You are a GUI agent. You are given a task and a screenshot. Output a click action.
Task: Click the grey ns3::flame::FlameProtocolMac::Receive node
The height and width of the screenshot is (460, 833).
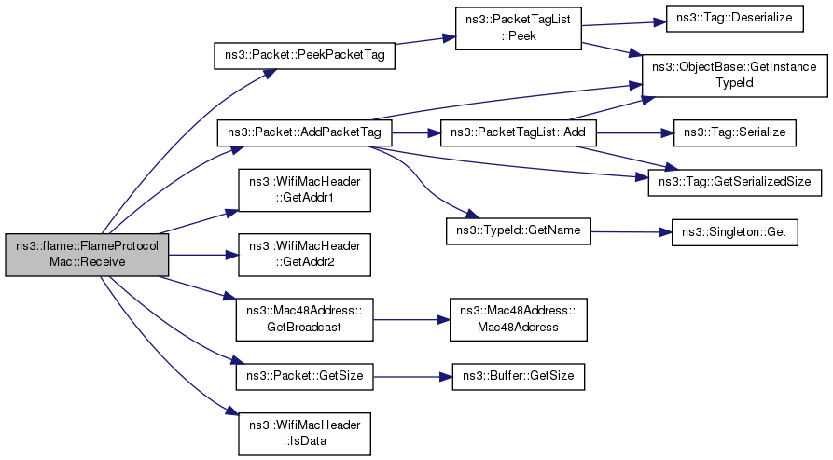[87, 255]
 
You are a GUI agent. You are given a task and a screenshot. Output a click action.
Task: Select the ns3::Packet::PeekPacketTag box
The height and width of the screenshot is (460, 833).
[304, 55]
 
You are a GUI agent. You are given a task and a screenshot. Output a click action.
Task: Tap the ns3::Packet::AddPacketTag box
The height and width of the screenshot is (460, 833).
[304, 133]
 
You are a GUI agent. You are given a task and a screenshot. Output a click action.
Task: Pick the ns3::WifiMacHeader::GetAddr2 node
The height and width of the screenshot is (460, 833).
[304, 255]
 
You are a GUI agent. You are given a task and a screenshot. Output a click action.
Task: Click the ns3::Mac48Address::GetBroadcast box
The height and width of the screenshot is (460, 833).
[304, 319]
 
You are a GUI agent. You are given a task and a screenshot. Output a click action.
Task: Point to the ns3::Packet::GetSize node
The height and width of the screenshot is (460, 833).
[304, 377]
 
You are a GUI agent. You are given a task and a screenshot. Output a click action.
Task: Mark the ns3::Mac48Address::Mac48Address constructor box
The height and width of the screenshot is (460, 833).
[518, 319]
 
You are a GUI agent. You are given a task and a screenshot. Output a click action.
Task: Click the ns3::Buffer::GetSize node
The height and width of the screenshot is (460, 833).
[518, 377]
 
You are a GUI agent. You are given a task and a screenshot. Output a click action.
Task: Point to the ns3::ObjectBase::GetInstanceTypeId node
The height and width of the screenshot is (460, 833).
[736, 77]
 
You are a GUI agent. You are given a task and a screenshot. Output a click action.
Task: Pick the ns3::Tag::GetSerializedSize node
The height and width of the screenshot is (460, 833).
[736, 178]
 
